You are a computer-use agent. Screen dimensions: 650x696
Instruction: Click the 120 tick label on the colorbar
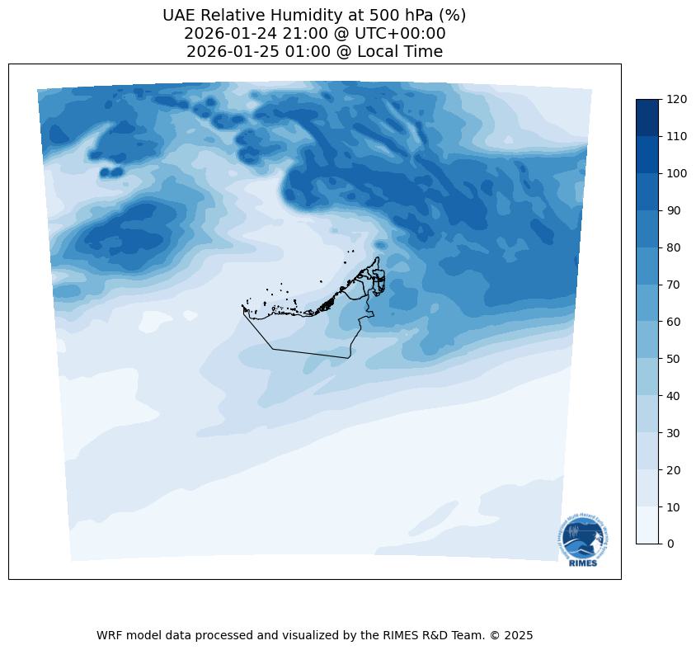(677, 99)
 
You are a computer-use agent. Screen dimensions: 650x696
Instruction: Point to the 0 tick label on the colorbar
(670, 544)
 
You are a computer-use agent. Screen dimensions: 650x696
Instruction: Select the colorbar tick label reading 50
(674, 359)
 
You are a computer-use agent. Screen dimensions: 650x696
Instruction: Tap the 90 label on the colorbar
(674, 210)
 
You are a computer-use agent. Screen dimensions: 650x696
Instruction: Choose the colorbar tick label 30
(674, 433)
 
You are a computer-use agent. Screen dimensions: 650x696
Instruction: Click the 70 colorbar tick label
(674, 285)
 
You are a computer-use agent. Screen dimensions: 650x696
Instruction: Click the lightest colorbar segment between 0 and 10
(648, 525)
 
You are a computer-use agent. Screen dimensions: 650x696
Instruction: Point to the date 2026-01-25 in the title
(232, 52)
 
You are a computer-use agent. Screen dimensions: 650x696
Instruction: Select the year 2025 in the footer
(518, 636)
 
